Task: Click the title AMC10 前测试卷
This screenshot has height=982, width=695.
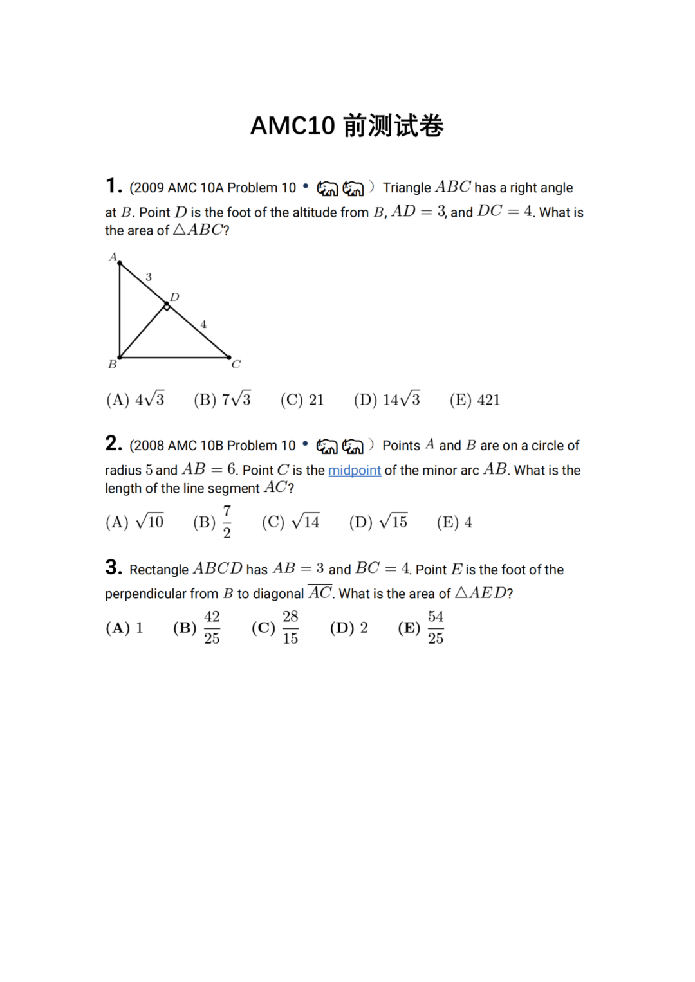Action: click(x=347, y=125)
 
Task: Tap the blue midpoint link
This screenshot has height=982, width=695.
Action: click(x=355, y=470)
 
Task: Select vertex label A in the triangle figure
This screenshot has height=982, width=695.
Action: click(x=113, y=257)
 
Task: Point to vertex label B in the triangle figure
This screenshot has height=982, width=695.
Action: click(x=113, y=365)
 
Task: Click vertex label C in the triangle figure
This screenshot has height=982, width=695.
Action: click(x=236, y=365)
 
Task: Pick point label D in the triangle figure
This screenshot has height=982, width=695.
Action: click(x=174, y=297)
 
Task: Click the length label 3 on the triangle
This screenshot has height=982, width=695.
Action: click(x=149, y=277)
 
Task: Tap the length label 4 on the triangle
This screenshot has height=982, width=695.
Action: click(x=203, y=325)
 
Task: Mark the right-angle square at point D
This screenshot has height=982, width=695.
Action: click(x=167, y=307)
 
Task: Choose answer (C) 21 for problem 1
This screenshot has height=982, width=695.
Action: click(x=302, y=400)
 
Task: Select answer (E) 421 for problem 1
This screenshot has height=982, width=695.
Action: click(x=475, y=400)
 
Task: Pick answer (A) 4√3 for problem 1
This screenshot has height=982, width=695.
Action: click(x=135, y=400)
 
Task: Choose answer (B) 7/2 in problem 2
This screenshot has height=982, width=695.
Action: click(x=212, y=522)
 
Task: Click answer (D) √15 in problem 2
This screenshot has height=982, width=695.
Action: click(x=378, y=522)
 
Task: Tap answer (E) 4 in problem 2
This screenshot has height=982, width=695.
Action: click(x=454, y=522)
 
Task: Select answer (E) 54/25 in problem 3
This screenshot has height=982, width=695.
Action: click(x=421, y=628)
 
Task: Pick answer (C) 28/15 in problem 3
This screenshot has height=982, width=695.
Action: click(x=275, y=628)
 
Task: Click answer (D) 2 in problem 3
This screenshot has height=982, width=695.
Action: click(x=349, y=628)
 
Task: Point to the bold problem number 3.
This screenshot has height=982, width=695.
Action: click(x=113, y=567)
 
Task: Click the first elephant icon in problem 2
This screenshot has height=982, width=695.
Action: click(x=327, y=446)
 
